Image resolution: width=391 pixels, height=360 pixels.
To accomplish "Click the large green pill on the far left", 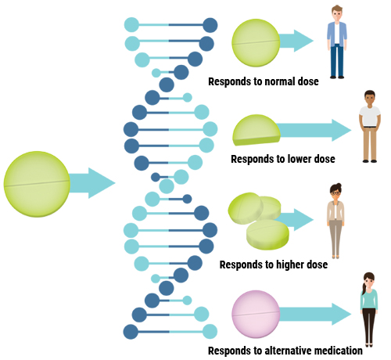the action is [x=37, y=184].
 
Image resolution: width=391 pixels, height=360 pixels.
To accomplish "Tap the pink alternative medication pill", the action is [x=256, y=314].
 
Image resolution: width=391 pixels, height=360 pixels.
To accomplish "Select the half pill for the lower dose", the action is [x=256, y=130].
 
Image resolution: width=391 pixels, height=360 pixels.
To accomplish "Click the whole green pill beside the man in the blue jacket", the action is [x=256, y=43].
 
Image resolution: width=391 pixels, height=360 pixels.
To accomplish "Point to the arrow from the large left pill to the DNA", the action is [x=91, y=183].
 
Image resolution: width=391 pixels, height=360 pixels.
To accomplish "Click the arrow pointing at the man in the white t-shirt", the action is [x=314, y=130].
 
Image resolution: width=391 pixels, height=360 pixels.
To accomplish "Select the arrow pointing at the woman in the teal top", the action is [x=315, y=314].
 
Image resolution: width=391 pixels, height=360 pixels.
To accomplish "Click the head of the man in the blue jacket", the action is [x=337, y=13].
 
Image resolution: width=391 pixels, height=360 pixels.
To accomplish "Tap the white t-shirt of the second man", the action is [x=370, y=116].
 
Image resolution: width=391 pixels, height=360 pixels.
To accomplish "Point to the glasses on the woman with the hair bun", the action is [x=335, y=193].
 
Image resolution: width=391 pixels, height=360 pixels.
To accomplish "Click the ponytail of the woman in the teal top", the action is [x=364, y=287].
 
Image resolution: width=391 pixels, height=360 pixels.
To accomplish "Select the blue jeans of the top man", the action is [x=337, y=60].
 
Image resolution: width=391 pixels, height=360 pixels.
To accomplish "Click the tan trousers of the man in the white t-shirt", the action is [x=370, y=143].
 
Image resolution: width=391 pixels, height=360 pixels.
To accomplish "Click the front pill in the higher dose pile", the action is [x=267, y=235].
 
